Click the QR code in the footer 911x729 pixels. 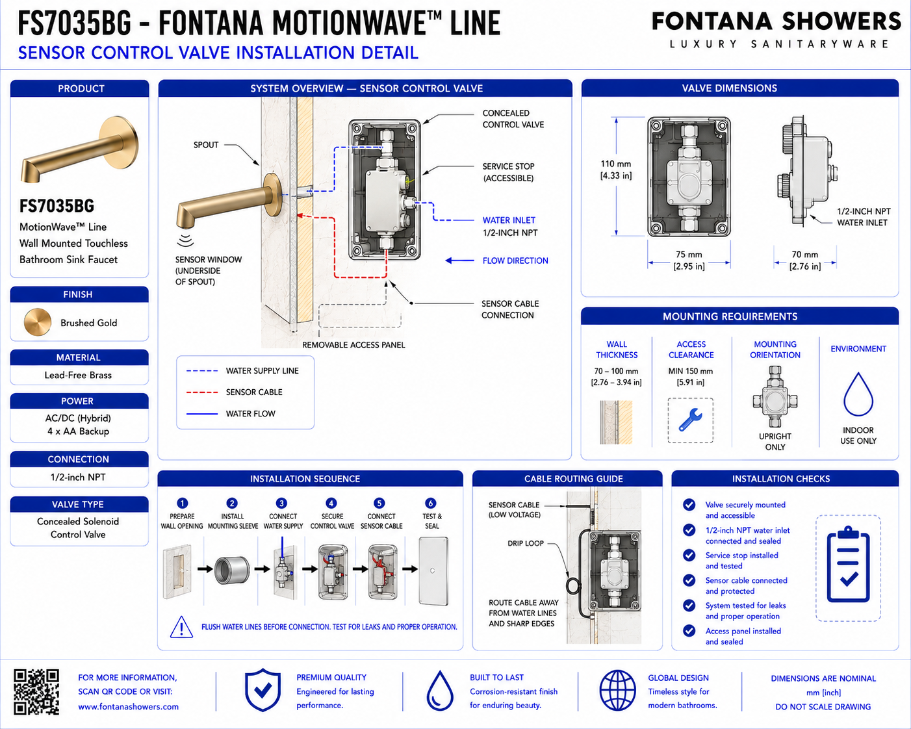(x=36, y=692)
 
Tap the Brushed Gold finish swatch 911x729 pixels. (x=38, y=322)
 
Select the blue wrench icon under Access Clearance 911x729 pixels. (x=691, y=420)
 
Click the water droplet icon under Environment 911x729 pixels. (x=858, y=394)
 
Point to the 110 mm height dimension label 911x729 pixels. (x=616, y=170)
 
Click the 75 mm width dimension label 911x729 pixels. (x=689, y=261)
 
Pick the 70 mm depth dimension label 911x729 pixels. (x=804, y=261)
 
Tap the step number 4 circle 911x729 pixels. (x=331, y=503)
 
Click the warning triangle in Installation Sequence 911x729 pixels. (x=181, y=627)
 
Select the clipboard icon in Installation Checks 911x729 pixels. (x=849, y=564)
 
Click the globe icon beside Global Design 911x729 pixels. (x=618, y=691)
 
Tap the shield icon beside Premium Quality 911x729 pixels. (x=263, y=690)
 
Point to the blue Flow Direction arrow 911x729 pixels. (x=460, y=261)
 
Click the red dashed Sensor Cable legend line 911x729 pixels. (x=202, y=392)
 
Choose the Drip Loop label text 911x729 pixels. (x=525, y=543)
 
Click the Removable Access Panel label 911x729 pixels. (x=353, y=345)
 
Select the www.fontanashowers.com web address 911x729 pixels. (x=128, y=706)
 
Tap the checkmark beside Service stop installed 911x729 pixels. (x=689, y=555)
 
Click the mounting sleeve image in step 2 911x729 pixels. (x=232, y=570)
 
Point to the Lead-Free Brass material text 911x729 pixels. (x=78, y=375)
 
